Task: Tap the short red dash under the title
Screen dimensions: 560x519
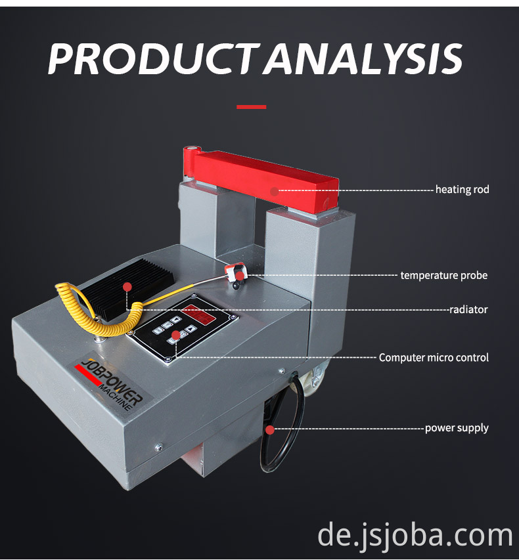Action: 251,106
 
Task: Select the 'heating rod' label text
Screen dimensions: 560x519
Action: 463,190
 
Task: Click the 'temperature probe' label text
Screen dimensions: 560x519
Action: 444,275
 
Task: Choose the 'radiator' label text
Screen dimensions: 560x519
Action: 469,309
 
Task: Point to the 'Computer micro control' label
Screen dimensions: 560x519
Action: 434,358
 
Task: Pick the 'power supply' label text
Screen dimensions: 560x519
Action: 457,428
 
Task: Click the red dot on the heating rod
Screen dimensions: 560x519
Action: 274,191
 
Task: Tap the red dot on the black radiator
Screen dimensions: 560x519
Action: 127,286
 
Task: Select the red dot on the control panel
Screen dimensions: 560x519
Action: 175,335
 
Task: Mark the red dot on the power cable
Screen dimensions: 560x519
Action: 269,430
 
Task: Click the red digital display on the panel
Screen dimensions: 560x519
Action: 199,314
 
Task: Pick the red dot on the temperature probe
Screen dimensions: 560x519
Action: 240,276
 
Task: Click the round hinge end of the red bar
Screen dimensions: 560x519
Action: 190,157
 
